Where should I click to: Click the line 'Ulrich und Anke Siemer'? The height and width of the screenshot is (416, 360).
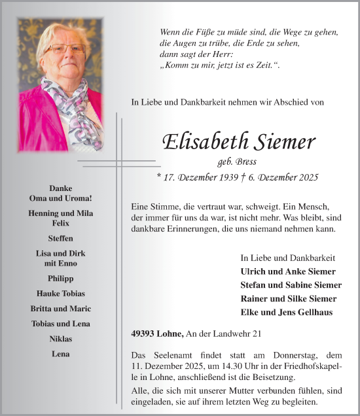(x=288, y=271)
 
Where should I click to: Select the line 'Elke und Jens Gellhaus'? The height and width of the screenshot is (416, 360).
(x=287, y=312)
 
